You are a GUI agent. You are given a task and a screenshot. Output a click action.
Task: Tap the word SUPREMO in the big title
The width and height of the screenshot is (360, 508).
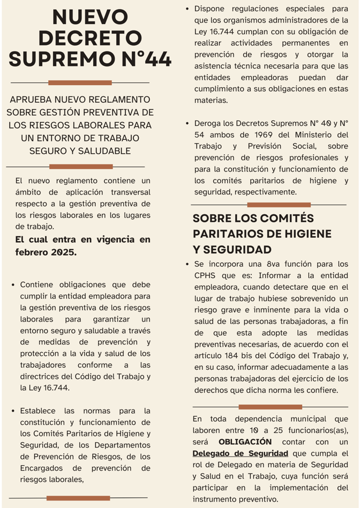(58, 58)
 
